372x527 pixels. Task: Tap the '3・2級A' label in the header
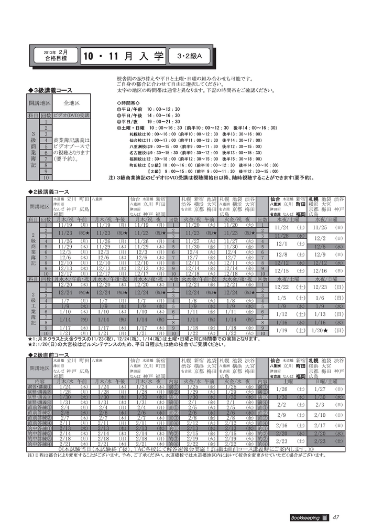(189, 55)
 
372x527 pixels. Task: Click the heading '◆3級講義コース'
(50, 90)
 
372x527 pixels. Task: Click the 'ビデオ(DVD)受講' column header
(72, 114)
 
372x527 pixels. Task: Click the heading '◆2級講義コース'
(50, 192)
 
